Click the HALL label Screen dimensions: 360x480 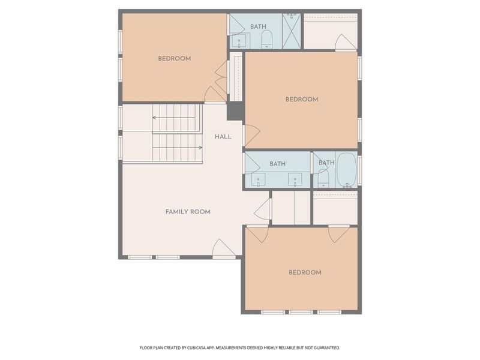(223, 137)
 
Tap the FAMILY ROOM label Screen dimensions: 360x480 (188, 212)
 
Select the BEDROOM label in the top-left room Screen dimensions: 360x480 (175, 59)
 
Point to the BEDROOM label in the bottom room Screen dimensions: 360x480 (305, 272)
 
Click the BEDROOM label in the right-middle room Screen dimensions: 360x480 (301, 100)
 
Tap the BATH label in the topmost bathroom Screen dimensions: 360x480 (258, 26)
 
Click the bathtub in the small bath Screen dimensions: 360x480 (346, 170)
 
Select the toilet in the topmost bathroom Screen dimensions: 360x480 (266, 40)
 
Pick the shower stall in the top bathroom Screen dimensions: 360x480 (292, 31)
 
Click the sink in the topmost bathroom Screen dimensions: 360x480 (240, 41)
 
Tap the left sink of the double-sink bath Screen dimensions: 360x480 (259, 179)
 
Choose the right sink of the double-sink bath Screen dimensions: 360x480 (295, 179)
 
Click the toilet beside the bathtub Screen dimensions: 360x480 (323, 176)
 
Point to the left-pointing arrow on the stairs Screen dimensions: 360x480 (155, 118)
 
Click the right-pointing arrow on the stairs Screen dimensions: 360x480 (200, 147)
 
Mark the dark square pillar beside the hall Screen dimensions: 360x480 (235, 111)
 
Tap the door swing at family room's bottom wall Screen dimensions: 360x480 (223, 248)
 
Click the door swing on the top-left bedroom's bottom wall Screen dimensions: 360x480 (214, 95)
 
